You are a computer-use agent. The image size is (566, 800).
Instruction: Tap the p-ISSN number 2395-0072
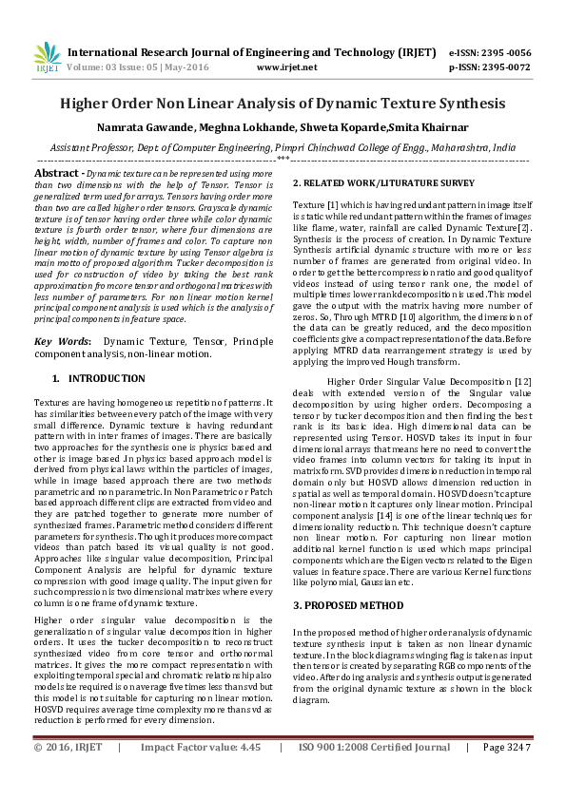coord(505,68)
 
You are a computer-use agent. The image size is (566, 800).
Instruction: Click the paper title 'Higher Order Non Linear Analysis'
coord(283,103)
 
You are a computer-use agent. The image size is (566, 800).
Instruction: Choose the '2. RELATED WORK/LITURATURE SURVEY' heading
coord(383,182)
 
